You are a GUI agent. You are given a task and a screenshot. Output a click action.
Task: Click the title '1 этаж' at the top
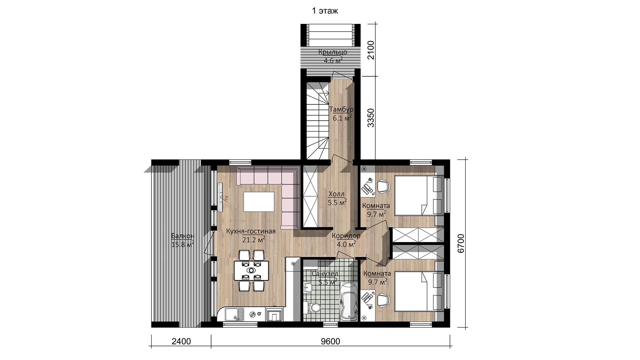(x=325, y=11)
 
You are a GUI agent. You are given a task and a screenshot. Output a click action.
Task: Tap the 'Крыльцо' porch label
(x=333, y=52)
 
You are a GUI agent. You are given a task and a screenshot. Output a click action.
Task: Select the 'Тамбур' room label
(x=341, y=109)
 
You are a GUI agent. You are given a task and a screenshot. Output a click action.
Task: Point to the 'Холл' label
(x=337, y=194)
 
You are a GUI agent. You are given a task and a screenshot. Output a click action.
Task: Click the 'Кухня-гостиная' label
(x=251, y=231)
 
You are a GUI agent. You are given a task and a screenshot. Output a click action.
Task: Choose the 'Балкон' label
(x=182, y=236)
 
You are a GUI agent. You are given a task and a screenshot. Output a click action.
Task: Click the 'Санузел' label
(x=325, y=274)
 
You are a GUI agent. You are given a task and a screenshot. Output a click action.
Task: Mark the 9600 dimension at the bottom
(x=331, y=342)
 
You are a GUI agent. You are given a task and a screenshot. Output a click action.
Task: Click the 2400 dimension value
(x=181, y=342)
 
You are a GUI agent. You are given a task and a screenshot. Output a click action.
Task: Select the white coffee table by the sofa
(x=259, y=202)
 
